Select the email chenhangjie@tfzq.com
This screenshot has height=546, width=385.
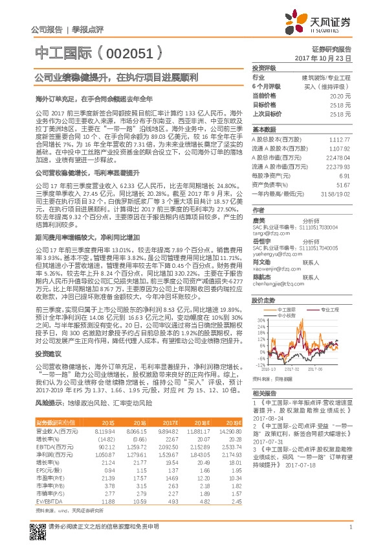tap(278, 284)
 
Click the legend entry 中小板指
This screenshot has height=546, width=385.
tap(285, 316)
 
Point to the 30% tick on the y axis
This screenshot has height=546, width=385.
tap(260, 320)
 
